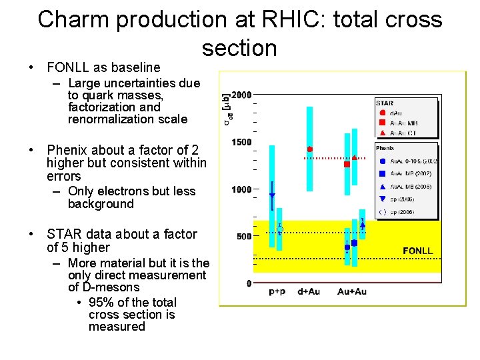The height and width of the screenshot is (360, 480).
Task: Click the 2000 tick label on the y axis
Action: (x=241, y=95)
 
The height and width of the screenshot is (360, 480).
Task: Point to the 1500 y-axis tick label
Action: (x=241, y=142)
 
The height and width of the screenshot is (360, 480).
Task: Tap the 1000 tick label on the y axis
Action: (x=241, y=189)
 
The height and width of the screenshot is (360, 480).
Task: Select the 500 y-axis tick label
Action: (x=244, y=236)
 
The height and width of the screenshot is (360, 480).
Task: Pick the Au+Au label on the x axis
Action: (x=352, y=291)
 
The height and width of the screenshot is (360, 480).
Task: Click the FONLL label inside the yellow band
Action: (x=417, y=251)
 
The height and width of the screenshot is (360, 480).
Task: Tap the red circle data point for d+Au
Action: (x=310, y=149)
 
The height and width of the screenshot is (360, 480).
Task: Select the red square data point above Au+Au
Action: (x=347, y=164)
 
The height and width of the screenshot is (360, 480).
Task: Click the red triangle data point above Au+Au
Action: (x=355, y=158)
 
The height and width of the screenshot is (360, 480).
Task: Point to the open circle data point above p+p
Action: (x=280, y=229)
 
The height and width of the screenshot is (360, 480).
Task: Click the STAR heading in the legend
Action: (x=385, y=103)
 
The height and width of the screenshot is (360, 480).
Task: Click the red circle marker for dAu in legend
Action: (x=381, y=113)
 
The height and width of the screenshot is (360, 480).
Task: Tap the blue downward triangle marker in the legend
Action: (x=381, y=199)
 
